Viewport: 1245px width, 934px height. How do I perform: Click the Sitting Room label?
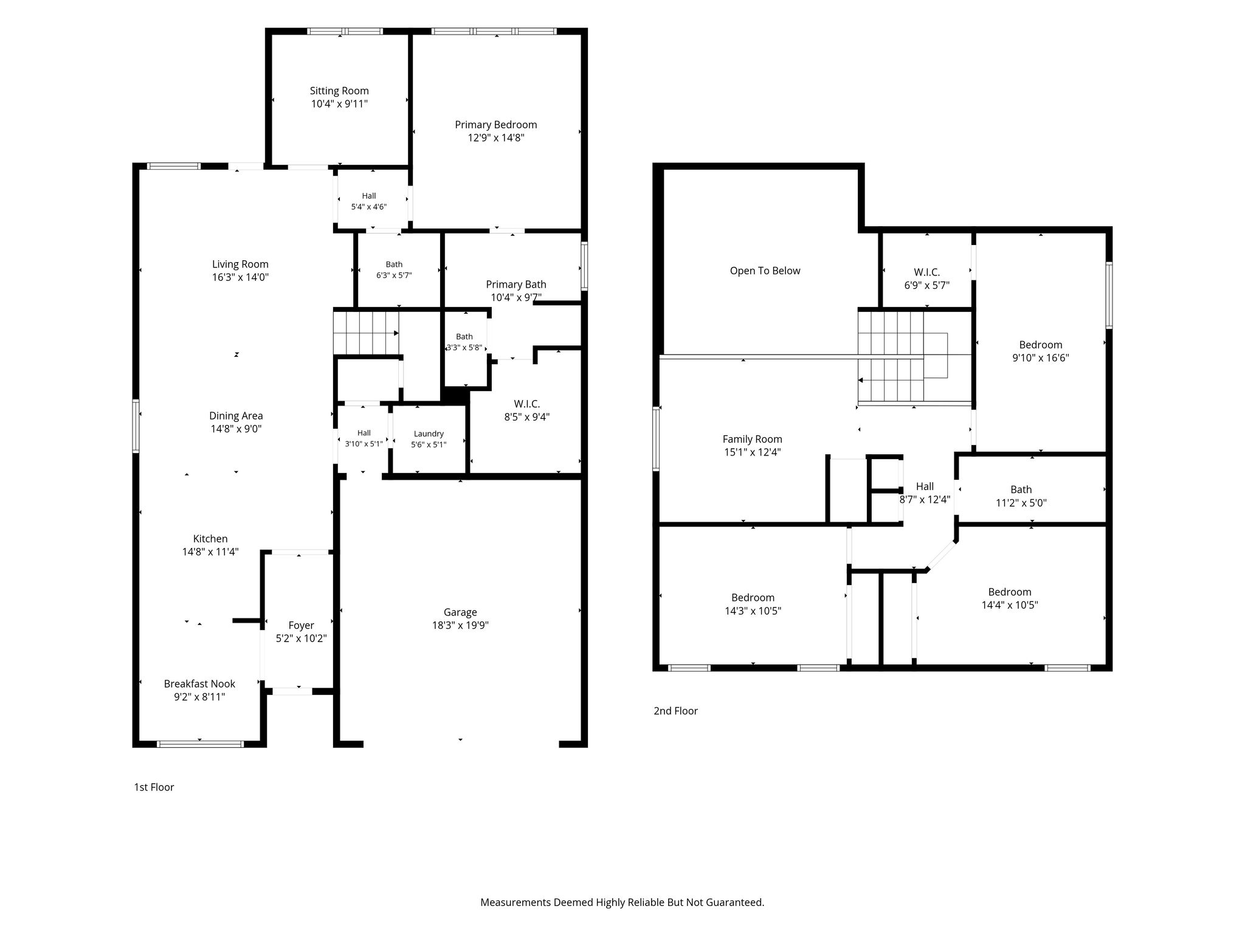tap(339, 91)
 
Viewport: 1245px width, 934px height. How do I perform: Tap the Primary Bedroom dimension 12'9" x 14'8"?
tap(496, 138)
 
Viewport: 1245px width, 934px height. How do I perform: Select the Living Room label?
tap(240, 264)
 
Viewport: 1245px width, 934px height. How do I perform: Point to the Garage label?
tap(460, 612)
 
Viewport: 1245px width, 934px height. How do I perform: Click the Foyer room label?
tap(302, 625)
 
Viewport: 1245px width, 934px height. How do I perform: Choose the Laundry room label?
tap(429, 434)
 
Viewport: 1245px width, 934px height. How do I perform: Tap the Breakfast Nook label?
tap(199, 683)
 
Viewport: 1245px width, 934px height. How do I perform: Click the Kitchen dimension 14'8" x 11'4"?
tap(210, 552)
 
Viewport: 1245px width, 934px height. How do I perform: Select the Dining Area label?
tap(236, 416)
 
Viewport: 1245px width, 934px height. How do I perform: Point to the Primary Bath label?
tap(516, 284)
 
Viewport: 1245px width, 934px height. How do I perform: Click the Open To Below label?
tap(765, 271)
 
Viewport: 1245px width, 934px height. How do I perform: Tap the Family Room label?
tap(753, 439)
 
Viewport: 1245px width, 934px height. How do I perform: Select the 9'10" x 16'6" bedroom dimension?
tap(1041, 358)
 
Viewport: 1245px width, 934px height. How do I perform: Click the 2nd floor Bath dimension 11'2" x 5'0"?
tap(1021, 503)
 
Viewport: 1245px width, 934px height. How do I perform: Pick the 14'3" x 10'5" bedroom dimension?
tap(753, 611)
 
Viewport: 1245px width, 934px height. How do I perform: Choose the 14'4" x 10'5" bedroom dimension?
tap(1010, 605)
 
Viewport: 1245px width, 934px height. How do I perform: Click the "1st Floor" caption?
tap(154, 787)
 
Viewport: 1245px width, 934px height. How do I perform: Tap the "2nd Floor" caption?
tap(675, 711)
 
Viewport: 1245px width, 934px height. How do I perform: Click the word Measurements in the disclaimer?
tap(516, 902)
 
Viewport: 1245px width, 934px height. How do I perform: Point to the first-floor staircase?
tap(365, 332)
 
